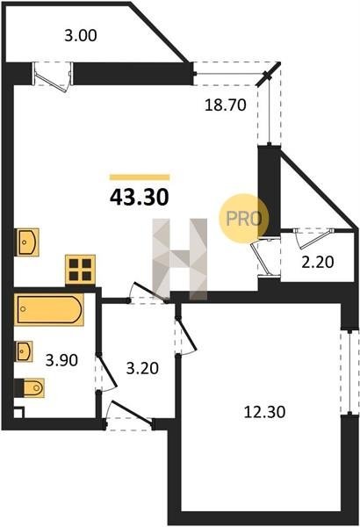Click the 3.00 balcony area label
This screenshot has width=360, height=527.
coord(81,36)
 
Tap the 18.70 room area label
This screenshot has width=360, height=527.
coord(226,105)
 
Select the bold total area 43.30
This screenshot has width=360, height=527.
coord(139,198)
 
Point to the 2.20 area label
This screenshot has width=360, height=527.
coord(318,262)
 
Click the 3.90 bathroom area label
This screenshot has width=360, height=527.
coord(61,360)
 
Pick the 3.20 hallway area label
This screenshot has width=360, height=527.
coord(142,368)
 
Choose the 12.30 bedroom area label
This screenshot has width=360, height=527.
coord(264,412)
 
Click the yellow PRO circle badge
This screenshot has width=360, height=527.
coord(244,219)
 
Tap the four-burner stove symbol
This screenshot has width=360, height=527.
coord(80,270)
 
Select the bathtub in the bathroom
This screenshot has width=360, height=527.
coord(49,309)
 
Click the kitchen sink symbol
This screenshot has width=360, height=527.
coord(27,242)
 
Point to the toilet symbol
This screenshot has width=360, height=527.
coord(30,388)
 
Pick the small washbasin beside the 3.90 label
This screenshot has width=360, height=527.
coord(24,351)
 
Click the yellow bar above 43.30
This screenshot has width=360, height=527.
coord(140,177)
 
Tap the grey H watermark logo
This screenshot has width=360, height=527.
coord(180,259)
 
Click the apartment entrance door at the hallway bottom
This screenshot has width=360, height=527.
coord(129,416)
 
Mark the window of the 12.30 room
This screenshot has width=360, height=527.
coord(349,372)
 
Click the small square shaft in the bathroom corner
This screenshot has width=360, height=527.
coord(18,413)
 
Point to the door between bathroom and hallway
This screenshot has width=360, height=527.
coord(104,372)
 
